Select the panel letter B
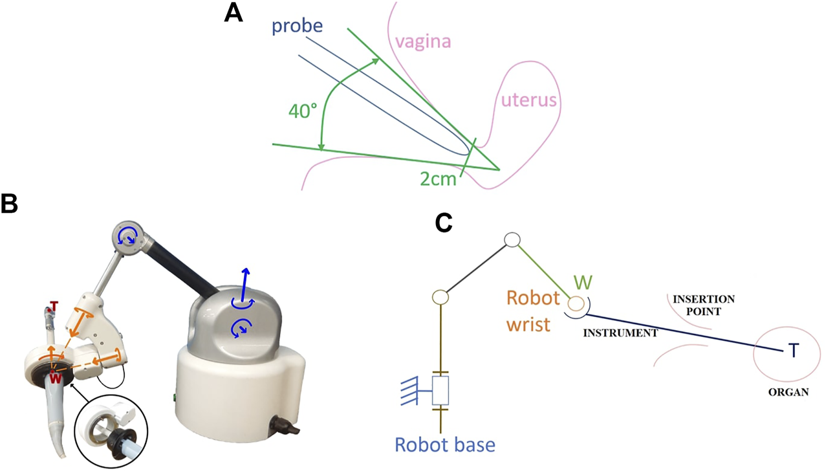click(x=10, y=204)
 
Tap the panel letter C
click(x=443, y=222)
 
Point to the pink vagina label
click(x=422, y=43)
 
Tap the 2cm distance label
click(x=437, y=179)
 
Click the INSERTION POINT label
click(x=703, y=305)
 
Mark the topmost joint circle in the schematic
click(x=512, y=240)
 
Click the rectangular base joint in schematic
click(x=440, y=391)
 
